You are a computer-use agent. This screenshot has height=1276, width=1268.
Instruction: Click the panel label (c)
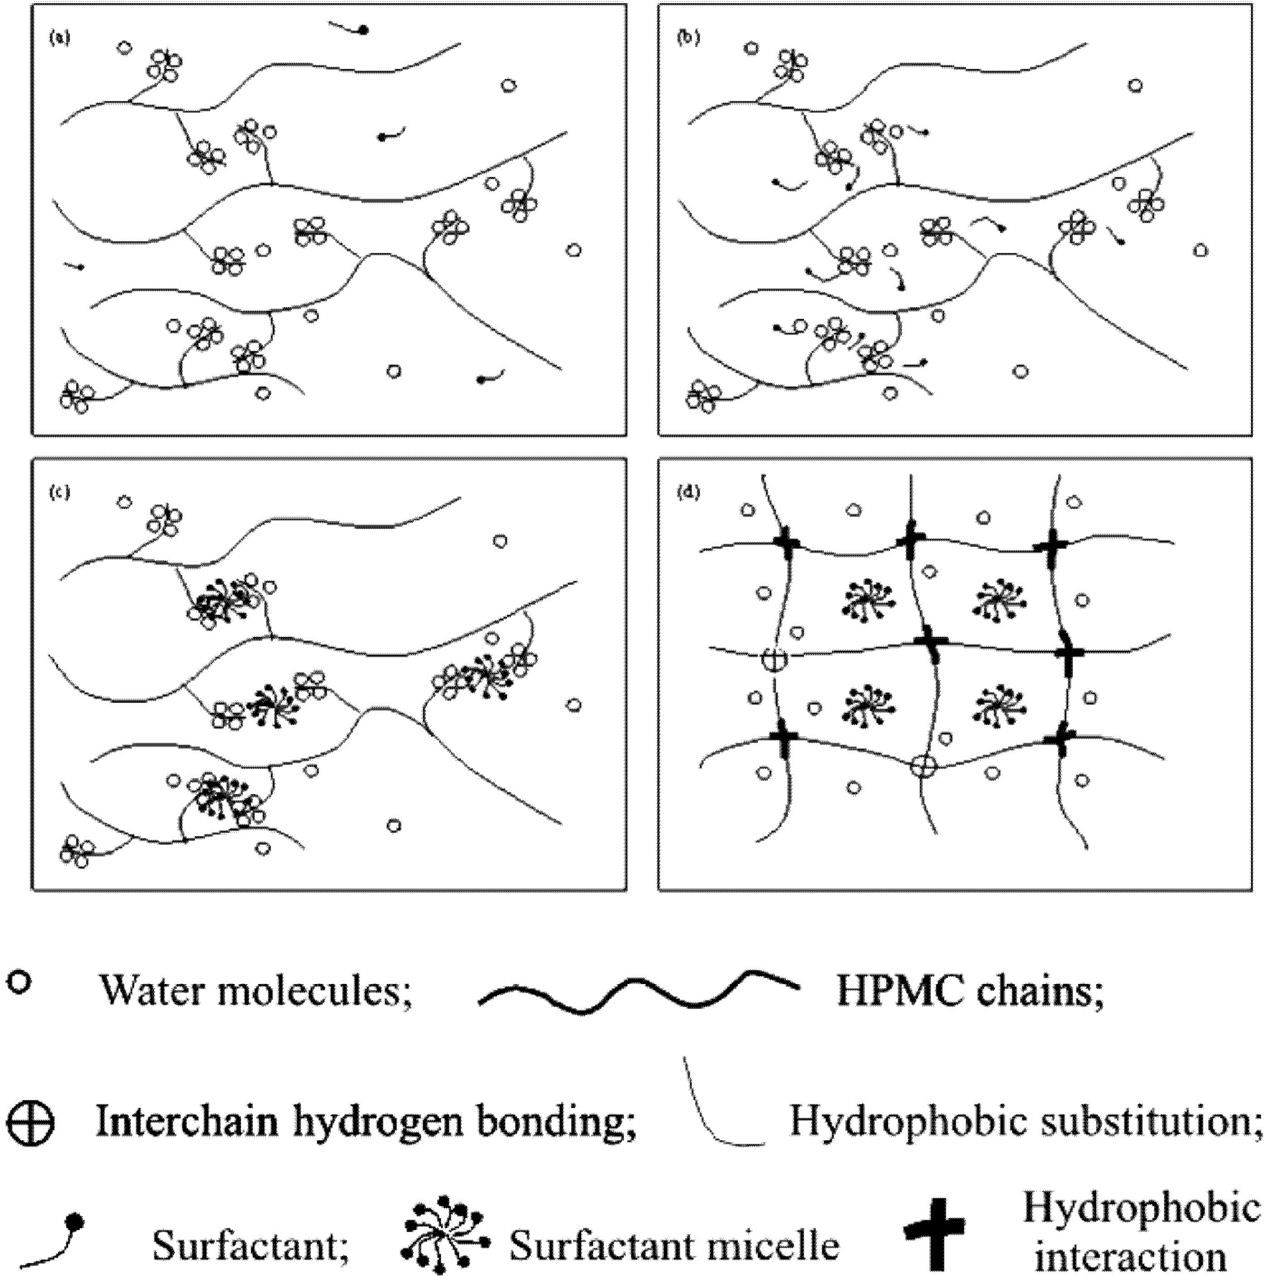(x=59, y=492)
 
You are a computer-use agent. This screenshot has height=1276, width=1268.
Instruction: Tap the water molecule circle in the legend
(x=19, y=982)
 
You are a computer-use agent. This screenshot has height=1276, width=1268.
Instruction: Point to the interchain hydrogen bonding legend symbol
(x=30, y=1122)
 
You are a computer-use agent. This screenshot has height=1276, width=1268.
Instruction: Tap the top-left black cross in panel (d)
(x=786, y=544)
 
